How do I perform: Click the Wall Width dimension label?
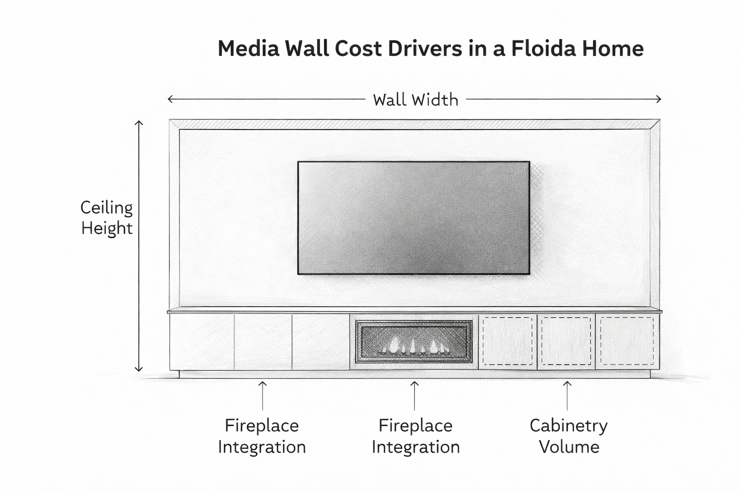coord(416,100)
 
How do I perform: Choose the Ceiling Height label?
coord(106,218)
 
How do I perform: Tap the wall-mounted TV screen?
coord(414,218)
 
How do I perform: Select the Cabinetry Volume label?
coord(569,436)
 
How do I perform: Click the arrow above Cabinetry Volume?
coord(567,395)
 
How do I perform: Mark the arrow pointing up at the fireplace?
coord(414,395)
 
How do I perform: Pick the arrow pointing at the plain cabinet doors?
coord(262,395)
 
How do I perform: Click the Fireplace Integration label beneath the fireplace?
coord(416,436)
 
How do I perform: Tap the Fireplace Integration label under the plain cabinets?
coord(262,436)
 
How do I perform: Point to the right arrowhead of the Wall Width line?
coord(658,99)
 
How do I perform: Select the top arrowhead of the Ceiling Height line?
coord(139,123)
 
